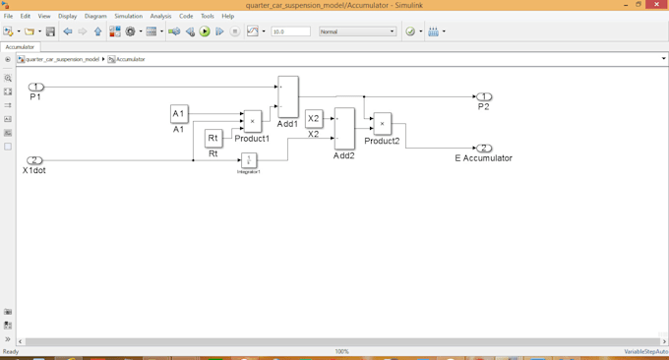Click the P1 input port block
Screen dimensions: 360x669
click(35, 87)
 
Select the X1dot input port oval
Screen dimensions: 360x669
click(34, 160)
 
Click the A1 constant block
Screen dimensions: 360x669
click(179, 114)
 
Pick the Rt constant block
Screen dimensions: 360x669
click(213, 139)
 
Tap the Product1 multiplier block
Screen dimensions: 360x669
click(253, 121)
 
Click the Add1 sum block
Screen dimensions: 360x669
click(287, 96)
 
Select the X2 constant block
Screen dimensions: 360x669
click(314, 119)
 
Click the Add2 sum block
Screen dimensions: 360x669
click(344, 128)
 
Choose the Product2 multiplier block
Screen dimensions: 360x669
click(382, 124)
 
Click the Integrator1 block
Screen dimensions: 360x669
click(249, 160)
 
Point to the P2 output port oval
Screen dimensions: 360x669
click(484, 96)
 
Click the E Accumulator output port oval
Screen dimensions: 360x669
click(484, 149)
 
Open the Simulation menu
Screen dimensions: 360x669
click(128, 17)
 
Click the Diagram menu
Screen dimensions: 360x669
click(95, 17)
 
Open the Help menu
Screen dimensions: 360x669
click(227, 17)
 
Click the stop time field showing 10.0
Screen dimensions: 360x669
click(290, 31)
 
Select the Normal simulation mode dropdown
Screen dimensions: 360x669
click(356, 31)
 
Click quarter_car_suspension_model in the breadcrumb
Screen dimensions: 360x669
click(62, 59)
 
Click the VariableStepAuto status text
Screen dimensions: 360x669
click(645, 351)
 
